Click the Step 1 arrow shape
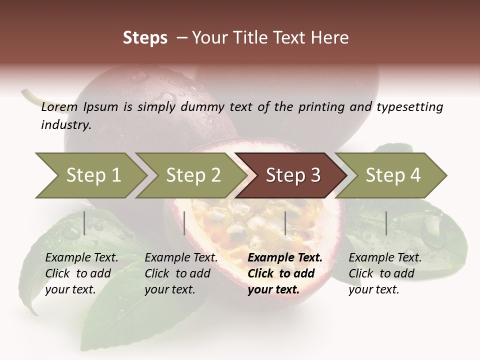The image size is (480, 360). tap(90, 175)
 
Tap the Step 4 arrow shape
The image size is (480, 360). tap(392, 175)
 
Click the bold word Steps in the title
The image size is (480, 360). tap(145, 38)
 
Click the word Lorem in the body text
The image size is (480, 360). tap(58, 107)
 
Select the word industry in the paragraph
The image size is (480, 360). tap(65, 124)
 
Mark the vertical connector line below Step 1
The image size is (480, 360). tap(84, 223)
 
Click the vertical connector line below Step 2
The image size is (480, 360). tap(184, 223)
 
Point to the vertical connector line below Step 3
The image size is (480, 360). tap(285, 223)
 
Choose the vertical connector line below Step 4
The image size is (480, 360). tap(386, 223)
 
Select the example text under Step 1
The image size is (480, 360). tap(81, 273)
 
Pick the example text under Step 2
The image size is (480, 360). tap(181, 273)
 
